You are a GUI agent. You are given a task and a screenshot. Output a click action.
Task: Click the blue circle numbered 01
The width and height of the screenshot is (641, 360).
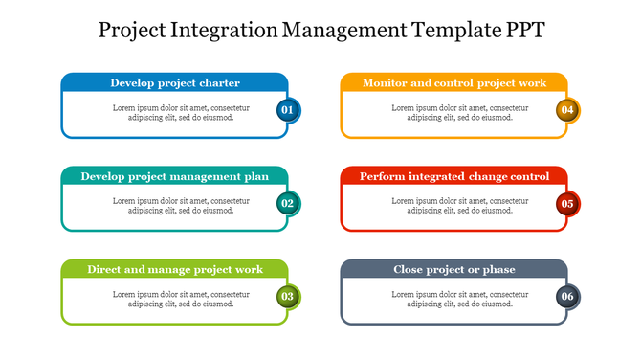[287, 110]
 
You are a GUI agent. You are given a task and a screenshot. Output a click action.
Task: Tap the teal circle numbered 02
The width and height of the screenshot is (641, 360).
[287, 203]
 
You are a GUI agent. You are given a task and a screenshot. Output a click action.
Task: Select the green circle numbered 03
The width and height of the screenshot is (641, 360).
[287, 297]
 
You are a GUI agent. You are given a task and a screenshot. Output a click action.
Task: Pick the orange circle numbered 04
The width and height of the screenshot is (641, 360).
[567, 110]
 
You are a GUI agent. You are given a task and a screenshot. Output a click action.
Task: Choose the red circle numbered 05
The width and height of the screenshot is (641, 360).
[567, 203]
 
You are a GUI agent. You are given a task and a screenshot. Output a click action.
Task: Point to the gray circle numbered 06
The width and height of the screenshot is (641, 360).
[567, 297]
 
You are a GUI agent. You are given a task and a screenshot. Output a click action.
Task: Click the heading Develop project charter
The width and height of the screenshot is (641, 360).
[174, 83]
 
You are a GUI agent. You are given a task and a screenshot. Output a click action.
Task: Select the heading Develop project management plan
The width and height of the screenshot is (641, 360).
[174, 176]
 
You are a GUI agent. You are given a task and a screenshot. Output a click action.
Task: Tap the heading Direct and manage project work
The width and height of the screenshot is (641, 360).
[174, 270]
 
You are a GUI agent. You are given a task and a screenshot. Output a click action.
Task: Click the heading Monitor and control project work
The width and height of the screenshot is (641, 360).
[454, 83]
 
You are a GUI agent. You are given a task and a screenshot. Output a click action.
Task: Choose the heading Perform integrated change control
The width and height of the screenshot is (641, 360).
[454, 176]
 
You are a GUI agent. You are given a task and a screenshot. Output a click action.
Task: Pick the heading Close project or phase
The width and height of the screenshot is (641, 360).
[454, 270]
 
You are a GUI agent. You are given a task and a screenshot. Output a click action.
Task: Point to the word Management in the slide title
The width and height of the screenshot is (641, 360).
[343, 30]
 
